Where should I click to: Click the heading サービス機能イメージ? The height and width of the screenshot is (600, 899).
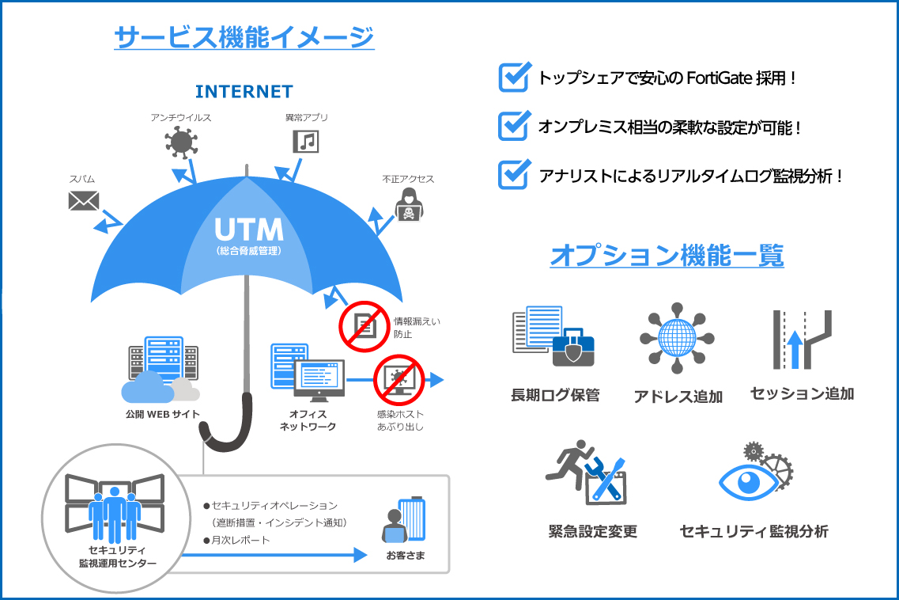(244, 36)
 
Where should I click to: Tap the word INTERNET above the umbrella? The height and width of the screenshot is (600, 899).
(244, 92)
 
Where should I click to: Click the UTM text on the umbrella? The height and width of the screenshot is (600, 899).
(248, 230)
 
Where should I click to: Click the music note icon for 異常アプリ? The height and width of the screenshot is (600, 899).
(306, 142)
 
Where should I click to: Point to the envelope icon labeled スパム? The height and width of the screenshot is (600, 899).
(83, 201)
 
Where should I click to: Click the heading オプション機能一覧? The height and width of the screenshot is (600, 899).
(667, 256)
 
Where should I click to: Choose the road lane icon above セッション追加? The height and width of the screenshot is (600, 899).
(801, 340)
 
